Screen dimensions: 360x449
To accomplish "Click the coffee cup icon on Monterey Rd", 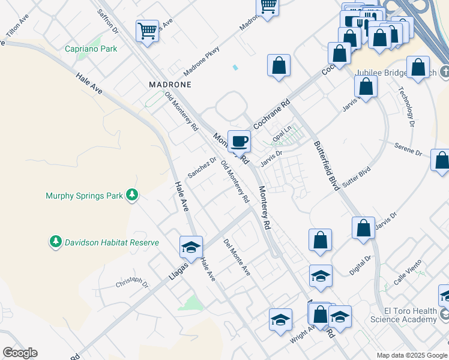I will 239,141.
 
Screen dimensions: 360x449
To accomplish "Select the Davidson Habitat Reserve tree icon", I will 56,242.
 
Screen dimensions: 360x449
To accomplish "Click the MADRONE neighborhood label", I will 170,85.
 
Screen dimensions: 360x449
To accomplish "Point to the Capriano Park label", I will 91,49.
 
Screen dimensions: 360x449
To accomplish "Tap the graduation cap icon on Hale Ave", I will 191,247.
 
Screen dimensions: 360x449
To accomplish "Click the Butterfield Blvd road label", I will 325,166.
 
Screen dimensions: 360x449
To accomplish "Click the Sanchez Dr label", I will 202,167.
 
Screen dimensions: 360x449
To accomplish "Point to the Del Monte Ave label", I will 237,258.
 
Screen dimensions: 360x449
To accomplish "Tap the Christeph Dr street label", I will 131,281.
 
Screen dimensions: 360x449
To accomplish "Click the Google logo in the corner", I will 20,353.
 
